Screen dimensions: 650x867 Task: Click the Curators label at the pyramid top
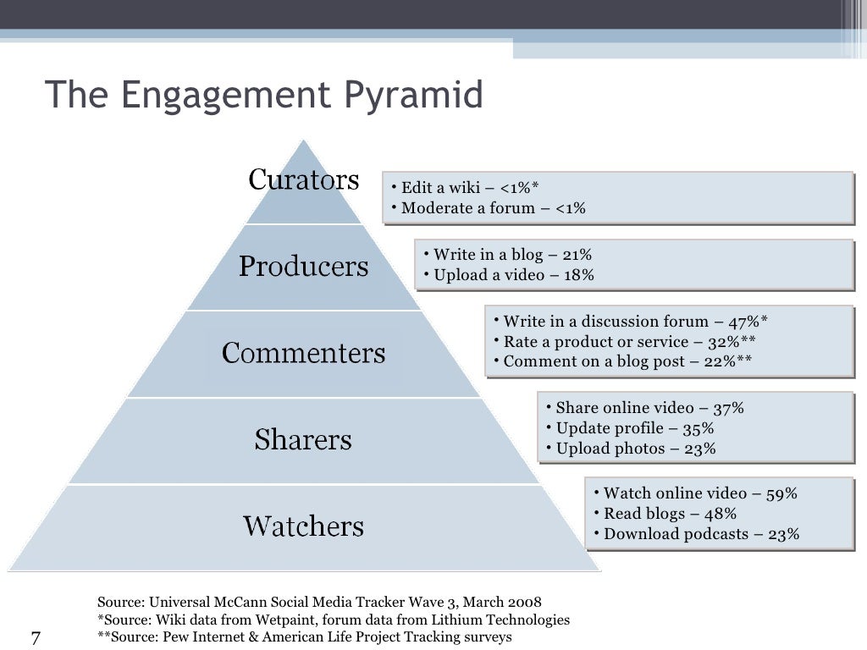303,179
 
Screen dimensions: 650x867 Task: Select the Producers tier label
303,267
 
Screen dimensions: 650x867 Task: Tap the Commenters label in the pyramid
303,353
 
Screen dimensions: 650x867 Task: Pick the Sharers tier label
303,439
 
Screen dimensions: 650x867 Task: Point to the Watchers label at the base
303,526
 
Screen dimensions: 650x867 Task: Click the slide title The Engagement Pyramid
263,95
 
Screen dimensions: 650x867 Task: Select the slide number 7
36,637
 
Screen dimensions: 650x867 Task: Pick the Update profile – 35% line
635,428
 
